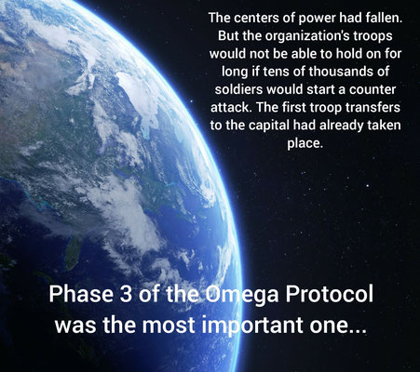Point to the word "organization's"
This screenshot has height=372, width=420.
click(320, 36)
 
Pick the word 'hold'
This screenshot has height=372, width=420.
click(350, 54)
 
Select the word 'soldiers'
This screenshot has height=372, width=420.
click(238, 89)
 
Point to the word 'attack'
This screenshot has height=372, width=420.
click(230, 107)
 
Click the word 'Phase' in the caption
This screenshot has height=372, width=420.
click(81, 294)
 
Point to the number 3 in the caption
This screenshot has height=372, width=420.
click(126, 294)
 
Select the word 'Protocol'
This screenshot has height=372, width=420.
click(329, 294)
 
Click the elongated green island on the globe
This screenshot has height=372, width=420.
click(73, 254)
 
